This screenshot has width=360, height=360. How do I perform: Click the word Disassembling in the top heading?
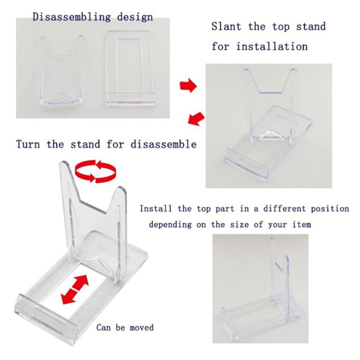pyautogui.click(x=72, y=18)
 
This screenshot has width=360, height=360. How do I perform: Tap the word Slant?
pyautogui.click(x=226, y=27)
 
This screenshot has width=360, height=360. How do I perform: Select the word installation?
pyautogui.click(x=272, y=46)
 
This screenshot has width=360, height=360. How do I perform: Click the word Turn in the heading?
pyautogui.click(x=28, y=144)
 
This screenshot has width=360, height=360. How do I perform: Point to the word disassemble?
pyautogui.click(x=163, y=144)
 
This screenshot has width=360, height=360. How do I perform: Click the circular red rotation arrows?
pyautogui.click(x=95, y=171)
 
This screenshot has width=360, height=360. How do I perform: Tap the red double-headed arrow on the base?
pyautogui.click(x=75, y=289)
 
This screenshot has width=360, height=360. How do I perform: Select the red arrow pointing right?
pyautogui.click(x=188, y=85)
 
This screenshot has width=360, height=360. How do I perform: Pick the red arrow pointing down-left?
pyautogui.click(x=196, y=119)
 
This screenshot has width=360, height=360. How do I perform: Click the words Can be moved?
pyautogui.click(x=125, y=327)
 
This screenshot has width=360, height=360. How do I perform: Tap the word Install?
pyautogui.click(x=156, y=208)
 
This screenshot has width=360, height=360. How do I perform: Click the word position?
pyautogui.click(x=330, y=209)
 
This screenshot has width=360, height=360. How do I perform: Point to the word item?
pyautogui.click(x=302, y=224)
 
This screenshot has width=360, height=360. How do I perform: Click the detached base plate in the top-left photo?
pyautogui.click(x=130, y=68)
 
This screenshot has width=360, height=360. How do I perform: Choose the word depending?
pyautogui.click(x=170, y=224)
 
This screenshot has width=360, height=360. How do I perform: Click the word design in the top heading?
pyautogui.click(x=135, y=18)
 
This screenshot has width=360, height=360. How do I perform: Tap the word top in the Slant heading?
pyautogui.click(x=281, y=27)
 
